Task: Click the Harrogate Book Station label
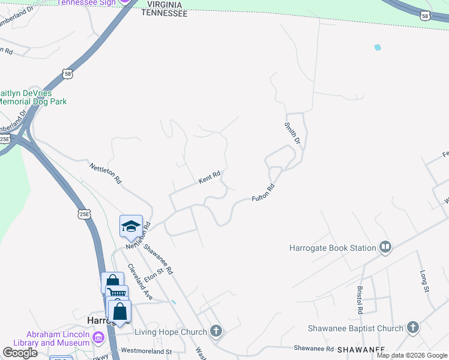tap(332, 247)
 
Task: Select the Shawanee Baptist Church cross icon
tap(412, 328)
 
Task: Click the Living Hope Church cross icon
tap(216, 331)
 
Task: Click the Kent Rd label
tap(209, 178)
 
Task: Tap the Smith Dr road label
tap(292, 133)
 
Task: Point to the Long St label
tap(424, 281)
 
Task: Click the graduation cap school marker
tap(131, 226)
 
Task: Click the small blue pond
tap(378, 47)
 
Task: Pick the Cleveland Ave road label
tap(140, 282)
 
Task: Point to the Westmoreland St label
tap(146, 351)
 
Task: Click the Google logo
tap(20, 353)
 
